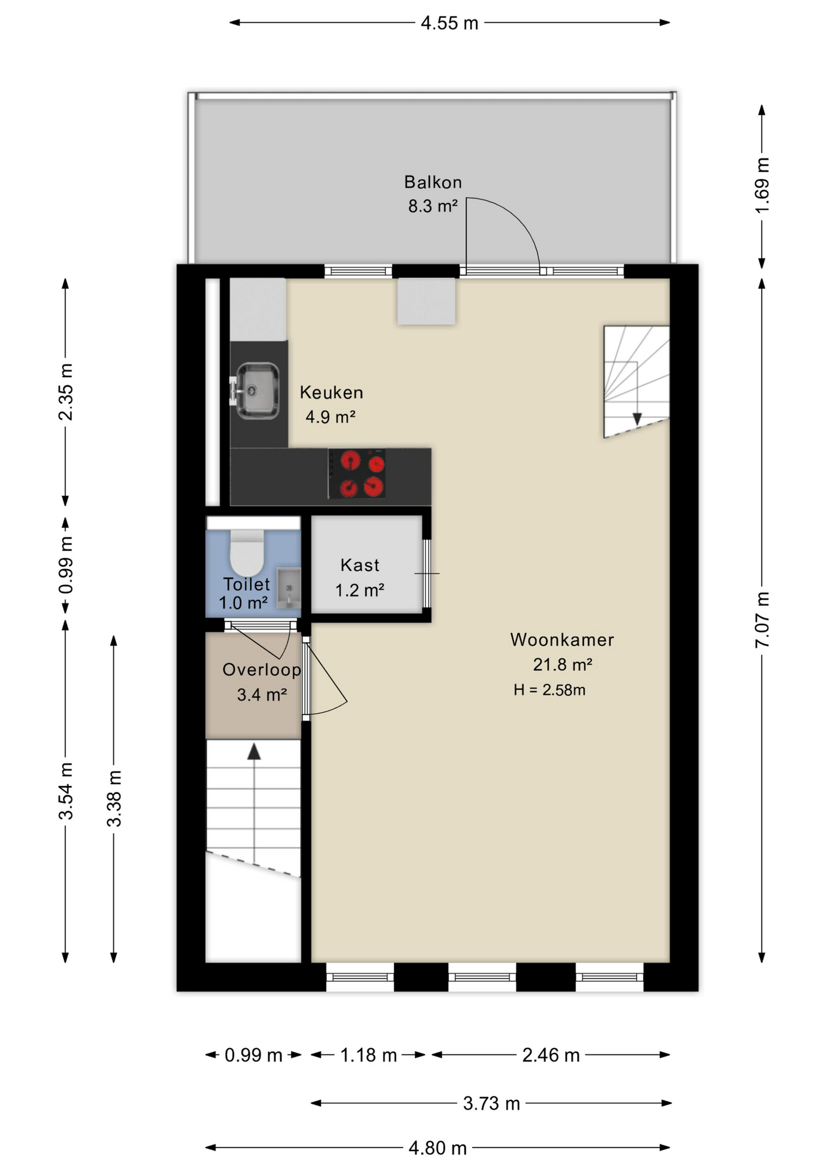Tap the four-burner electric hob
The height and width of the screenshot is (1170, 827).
pyautogui.click(x=357, y=473)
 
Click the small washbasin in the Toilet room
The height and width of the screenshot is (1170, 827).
pyautogui.click(x=289, y=588)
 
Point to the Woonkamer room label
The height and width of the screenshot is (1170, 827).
pyautogui.click(x=562, y=640)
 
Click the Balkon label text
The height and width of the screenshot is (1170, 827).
pyautogui.click(x=433, y=182)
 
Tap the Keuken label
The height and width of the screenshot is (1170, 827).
pyautogui.click(x=331, y=392)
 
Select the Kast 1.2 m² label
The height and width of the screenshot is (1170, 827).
pyautogui.click(x=360, y=577)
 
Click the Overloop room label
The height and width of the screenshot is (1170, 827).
pyautogui.click(x=262, y=670)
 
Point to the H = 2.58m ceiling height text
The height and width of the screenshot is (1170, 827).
pyautogui.click(x=549, y=690)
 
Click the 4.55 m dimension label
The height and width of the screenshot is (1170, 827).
pyautogui.click(x=449, y=23)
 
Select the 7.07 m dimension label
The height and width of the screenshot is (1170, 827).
pyautogui.click(x=762, y=620)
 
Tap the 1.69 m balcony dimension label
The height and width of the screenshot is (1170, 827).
pyautogui.click(x=762, y=185)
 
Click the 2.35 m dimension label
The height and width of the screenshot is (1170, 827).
pyautogui.click(x=66, y=392)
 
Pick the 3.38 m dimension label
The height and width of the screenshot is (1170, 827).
pyautogui.click(x=114, y=798)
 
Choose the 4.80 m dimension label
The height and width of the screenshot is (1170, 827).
pyautogui.click(x=438, y=1148)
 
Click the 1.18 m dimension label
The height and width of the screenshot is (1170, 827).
pyautogui.click(x=368, y=1055)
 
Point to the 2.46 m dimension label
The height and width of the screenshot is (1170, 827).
pyautogui.click(x=551, y=1055)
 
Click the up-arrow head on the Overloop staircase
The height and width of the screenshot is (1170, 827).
pyautogui.click(x=254, y=752)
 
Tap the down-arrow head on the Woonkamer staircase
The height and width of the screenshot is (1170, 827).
pyautogui.click(x=637, y=419)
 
